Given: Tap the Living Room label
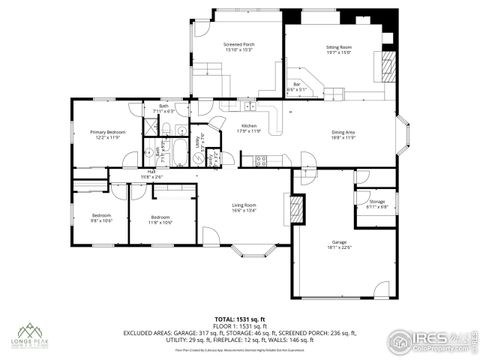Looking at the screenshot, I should point(245,208).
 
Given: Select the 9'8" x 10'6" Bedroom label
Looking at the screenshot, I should point(100,218).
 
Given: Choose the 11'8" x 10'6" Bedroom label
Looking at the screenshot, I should point(160,218).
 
